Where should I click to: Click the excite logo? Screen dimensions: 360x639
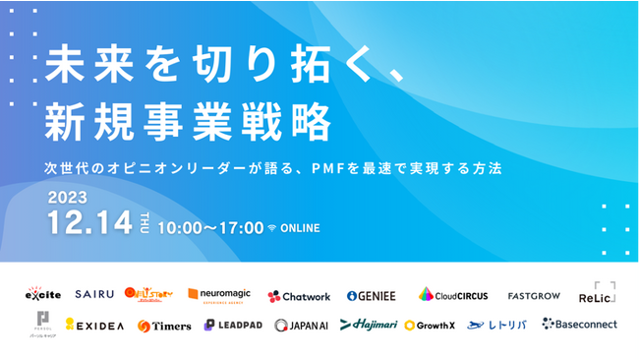coord(44,294)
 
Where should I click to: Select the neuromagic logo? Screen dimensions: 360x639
coord(220,293)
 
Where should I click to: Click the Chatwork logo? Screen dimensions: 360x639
coord(299,295)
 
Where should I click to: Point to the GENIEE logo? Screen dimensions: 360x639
coord(373,295)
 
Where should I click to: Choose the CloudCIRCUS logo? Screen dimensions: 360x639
coord(453,294)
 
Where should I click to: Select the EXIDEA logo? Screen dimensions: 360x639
coord(94,324)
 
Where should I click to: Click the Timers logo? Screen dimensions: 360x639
coord(164,326)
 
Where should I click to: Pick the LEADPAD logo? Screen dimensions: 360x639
coord(233,325)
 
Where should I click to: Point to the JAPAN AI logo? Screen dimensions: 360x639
coord(301,325)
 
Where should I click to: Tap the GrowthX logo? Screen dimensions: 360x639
coord(430,325)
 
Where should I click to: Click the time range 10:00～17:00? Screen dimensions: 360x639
coord(209,228)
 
